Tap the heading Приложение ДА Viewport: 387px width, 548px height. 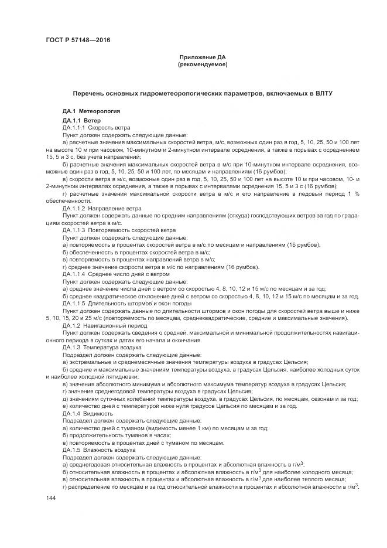click(202, 57)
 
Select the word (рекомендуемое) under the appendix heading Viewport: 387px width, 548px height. click(202, 64)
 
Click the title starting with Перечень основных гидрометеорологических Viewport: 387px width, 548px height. click(202, 93)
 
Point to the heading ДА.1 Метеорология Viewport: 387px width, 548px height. click(91, 111)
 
